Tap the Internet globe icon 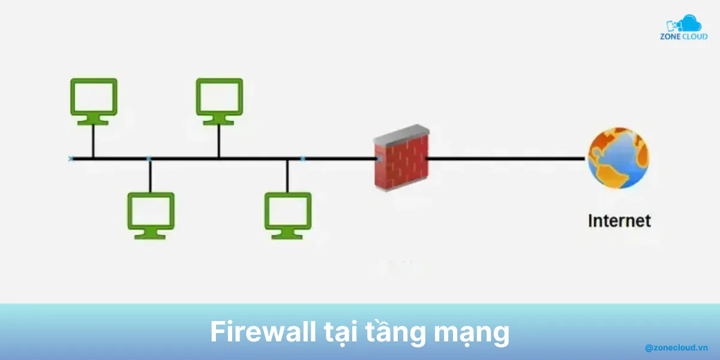point(618,158)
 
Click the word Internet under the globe point(619,221)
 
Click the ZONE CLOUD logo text point(683,37)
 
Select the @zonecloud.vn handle point(676,347)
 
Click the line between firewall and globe point(504,159)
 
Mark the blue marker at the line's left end point(71,158)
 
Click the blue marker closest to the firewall point(302,159)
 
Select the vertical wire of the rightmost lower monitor point(287,175)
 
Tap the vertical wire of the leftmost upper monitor point(93,142)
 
